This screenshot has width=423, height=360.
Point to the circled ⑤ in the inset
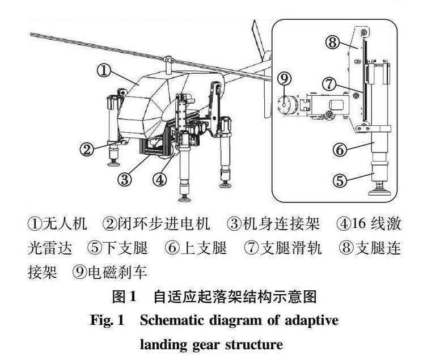[x=339, y=181]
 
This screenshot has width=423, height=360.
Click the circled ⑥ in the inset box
[x=339, y=150]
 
